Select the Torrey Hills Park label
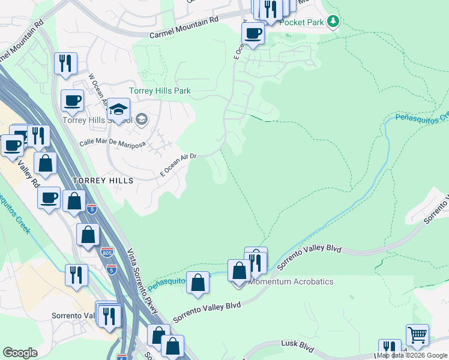click(x=160, y=91)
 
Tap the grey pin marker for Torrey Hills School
click(x=141, y=119)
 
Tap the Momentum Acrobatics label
click(x=291, y=281)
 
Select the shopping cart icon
click(x=417, y=334)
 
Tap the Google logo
click(x=20, y=353)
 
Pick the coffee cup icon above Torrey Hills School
click(x=72, y=100)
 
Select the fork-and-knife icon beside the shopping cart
click(x=390, y=349)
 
